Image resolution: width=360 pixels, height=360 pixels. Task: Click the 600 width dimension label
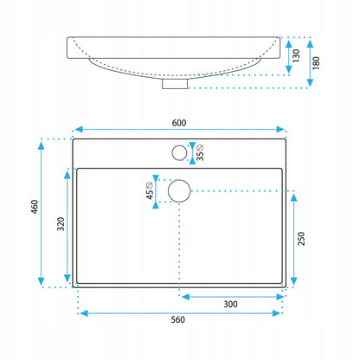click(179, 123)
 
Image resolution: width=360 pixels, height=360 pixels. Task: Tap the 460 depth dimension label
click(35, 207)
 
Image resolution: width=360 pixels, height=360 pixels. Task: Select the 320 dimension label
click(61, 224)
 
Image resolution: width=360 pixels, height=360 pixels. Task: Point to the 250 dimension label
click(301, 239)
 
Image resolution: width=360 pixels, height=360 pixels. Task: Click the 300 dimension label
click(230, 304)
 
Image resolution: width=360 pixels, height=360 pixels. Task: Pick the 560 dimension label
click(177, 319)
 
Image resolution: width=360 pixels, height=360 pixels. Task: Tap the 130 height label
click(296, 55)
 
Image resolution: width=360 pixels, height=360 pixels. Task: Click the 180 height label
click(316, 63)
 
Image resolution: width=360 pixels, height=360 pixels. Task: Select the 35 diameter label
click(200, 152)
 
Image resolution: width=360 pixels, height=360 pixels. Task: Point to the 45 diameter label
click(150, 190)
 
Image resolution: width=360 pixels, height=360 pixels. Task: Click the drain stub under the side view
click(175, 84)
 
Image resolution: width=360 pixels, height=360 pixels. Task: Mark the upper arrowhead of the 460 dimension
click(42, 145)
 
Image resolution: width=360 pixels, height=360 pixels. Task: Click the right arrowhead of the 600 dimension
click(280, 129)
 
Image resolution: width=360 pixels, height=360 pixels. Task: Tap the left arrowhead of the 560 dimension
click(84, 313)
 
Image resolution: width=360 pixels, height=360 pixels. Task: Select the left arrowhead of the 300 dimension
click(186, 297)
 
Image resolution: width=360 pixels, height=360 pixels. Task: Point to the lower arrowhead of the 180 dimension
click(310, 83)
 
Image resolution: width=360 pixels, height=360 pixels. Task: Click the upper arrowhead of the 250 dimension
click(294, 197)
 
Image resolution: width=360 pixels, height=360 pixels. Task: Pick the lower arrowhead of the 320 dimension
click(67, 279)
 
